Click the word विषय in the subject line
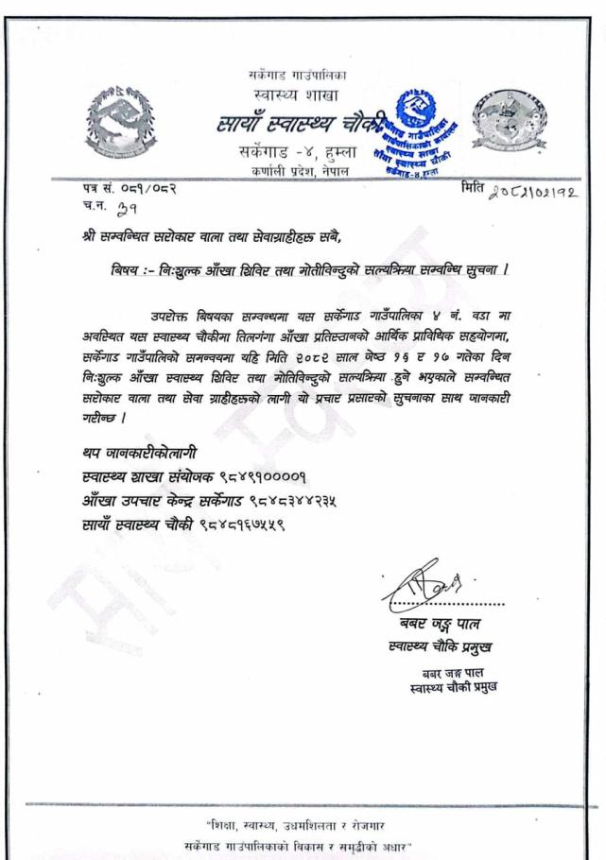(x=123, y=270)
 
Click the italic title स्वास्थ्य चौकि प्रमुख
(x=440, y=647)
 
